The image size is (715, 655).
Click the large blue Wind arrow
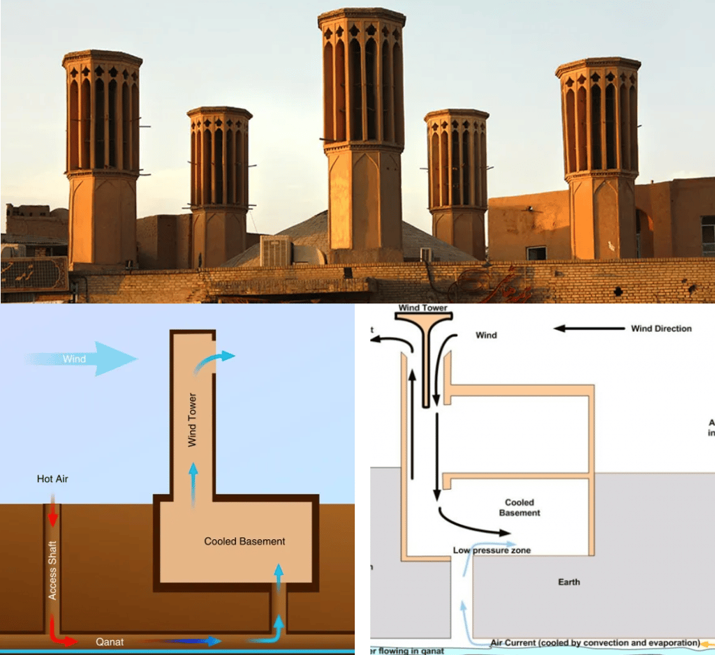[84, 359]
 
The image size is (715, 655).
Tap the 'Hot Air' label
[53, 479]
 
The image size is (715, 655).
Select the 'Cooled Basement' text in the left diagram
[244, 541]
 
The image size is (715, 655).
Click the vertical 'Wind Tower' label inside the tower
[192, 419]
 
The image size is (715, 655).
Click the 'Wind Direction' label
[661, 329]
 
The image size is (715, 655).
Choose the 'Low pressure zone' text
[492, 550]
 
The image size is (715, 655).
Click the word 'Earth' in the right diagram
[569, 582]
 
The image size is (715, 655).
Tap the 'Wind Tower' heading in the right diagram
[422, 308]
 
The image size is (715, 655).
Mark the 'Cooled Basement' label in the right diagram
[519, 507]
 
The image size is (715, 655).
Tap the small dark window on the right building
[536, 253]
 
